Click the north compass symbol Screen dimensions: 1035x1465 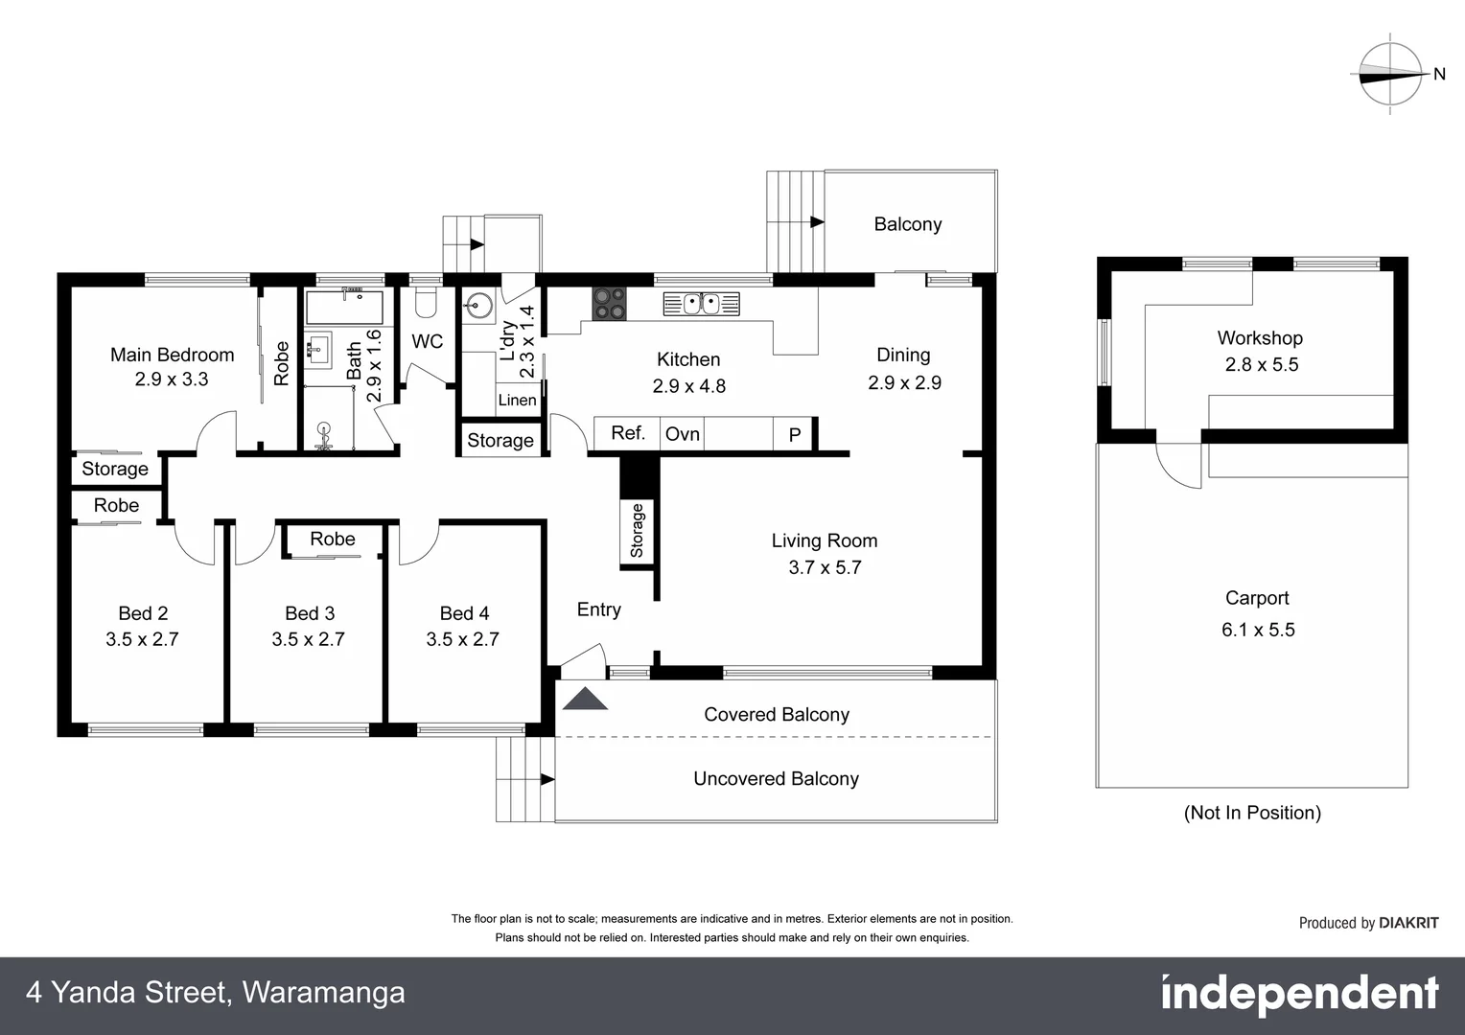click(x=1391, y=75)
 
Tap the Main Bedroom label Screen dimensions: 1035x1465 click(x=172, y=355)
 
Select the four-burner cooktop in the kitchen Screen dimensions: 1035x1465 click(x=609, y=304)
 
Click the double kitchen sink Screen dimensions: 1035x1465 click(x=702, y=304)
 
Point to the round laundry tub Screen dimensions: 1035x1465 click(x=477, y=306)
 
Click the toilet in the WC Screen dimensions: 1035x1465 click(x=425, y=304)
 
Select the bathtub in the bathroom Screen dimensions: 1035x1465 click(x=343, y=308)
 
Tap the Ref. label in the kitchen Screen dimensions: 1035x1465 click(x=628, y=433)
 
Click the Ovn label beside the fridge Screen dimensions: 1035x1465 click(x=682, y=434)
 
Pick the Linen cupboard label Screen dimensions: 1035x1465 click(x=517, y=400)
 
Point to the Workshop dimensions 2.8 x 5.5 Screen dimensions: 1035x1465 click(x=1261, y=364)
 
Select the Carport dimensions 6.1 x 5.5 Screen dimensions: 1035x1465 click(x=1257, y=630)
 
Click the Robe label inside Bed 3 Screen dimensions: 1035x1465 click(x=332, y=540)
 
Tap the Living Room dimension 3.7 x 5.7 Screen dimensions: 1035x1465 click(x=825, y=567)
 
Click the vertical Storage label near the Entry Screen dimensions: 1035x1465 click(x=638, y=531)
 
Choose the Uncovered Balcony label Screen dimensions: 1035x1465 click(x=776, y=779)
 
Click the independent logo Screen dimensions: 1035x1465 click(x=1299, y=995)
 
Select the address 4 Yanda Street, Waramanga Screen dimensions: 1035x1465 click(x=216, y=993)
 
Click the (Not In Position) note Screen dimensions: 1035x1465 click(x=1252, y=813)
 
